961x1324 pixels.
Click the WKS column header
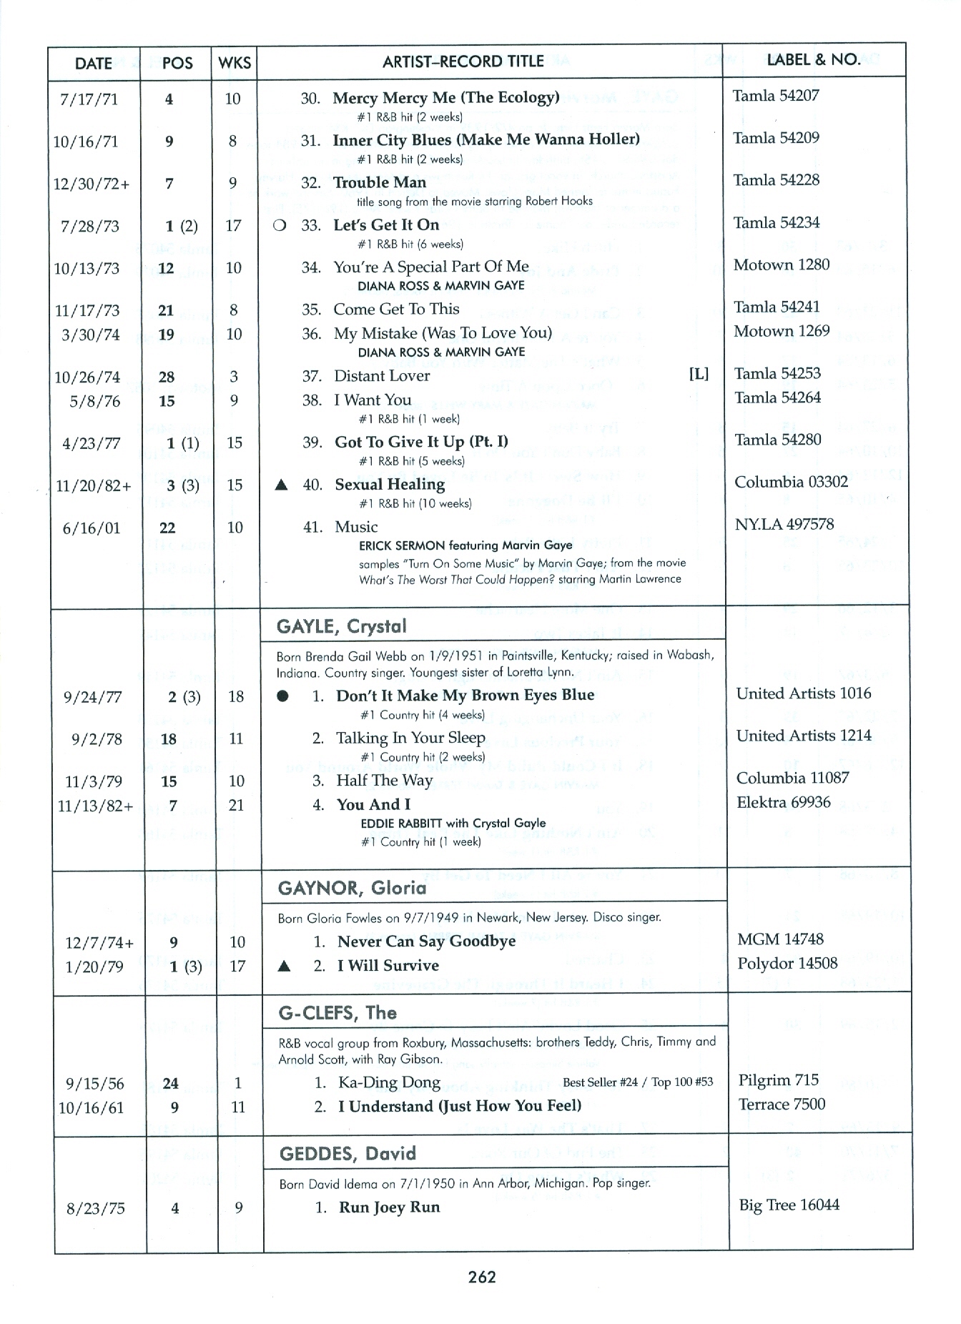(x=235, y=63)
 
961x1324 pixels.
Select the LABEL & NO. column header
(x=813, y=60)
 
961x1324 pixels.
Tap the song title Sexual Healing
(x=390, y=485)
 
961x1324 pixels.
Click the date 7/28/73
(x=90, y=227)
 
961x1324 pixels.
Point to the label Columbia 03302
(x=791, y=482)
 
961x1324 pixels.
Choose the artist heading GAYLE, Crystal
(x=341, y=627)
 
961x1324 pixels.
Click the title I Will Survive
(x=388, y=966)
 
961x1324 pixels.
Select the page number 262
(x=482, y=1277)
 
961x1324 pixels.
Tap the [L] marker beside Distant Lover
(x=699, y=374)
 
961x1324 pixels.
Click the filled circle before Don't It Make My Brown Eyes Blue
(x=283, y=696)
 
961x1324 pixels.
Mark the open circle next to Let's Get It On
(x=280, y=225)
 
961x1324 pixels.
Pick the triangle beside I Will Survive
(x=284, y=967)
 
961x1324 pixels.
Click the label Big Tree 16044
(x=789, y=1205)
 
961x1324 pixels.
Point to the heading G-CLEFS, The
(x=337, y=1013)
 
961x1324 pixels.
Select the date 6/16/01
(x=91, y=528)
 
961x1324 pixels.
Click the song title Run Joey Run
(x=389, y=1207)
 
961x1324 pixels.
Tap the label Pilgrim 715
(x=778, y=1080)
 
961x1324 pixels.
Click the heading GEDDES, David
(x=348, y=1154)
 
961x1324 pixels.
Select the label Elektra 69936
(x=784, y=802)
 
